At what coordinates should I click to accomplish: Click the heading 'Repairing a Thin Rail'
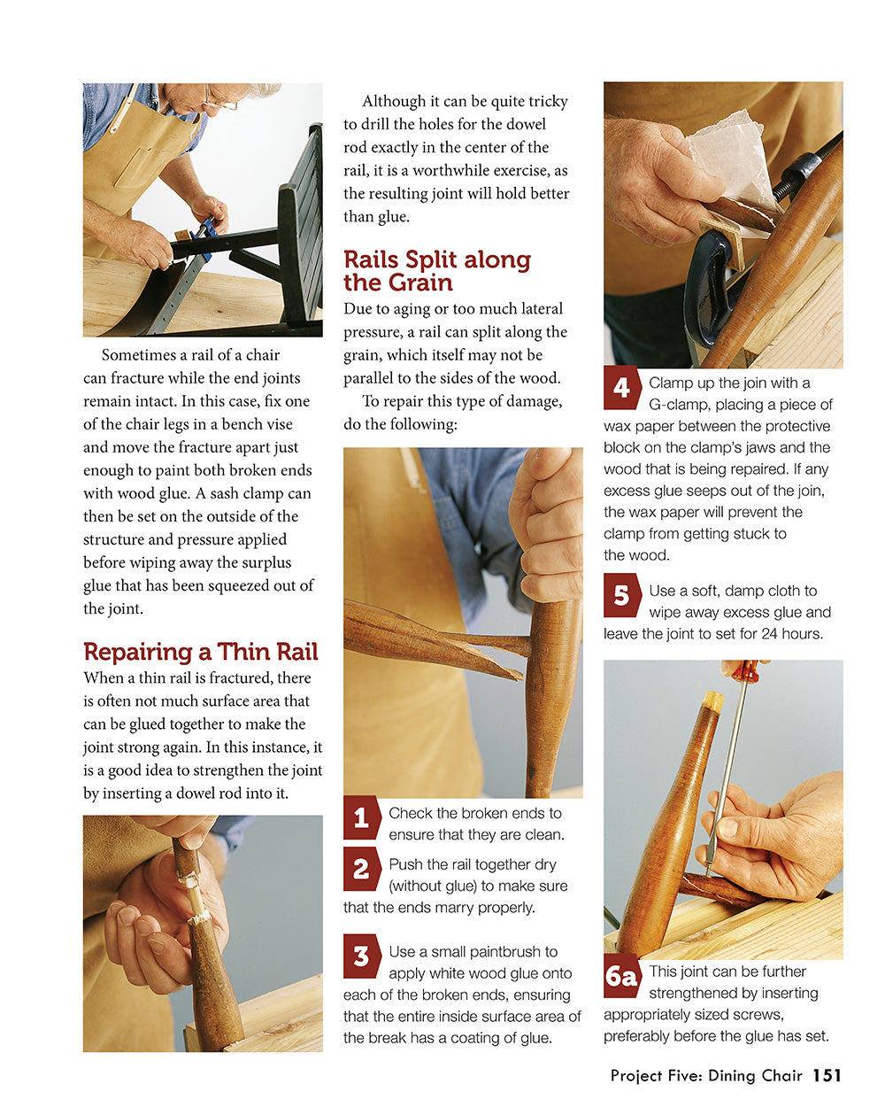[200, 652]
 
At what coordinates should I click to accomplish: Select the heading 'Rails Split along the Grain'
[436, 271]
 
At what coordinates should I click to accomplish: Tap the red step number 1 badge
[361, 817]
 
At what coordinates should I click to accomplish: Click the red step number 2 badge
[361, 869]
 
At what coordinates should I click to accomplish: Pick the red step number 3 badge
[361, 956]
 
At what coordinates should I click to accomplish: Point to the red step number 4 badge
[621, 388]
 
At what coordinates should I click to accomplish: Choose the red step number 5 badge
[621, 595]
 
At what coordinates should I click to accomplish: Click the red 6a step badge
[622, 976]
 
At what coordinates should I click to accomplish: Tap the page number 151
[827, 1075]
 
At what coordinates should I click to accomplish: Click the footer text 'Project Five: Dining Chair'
[705, 1075]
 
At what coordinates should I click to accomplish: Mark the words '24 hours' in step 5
[792, 633]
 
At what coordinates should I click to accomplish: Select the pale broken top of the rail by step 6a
[712, 701]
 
